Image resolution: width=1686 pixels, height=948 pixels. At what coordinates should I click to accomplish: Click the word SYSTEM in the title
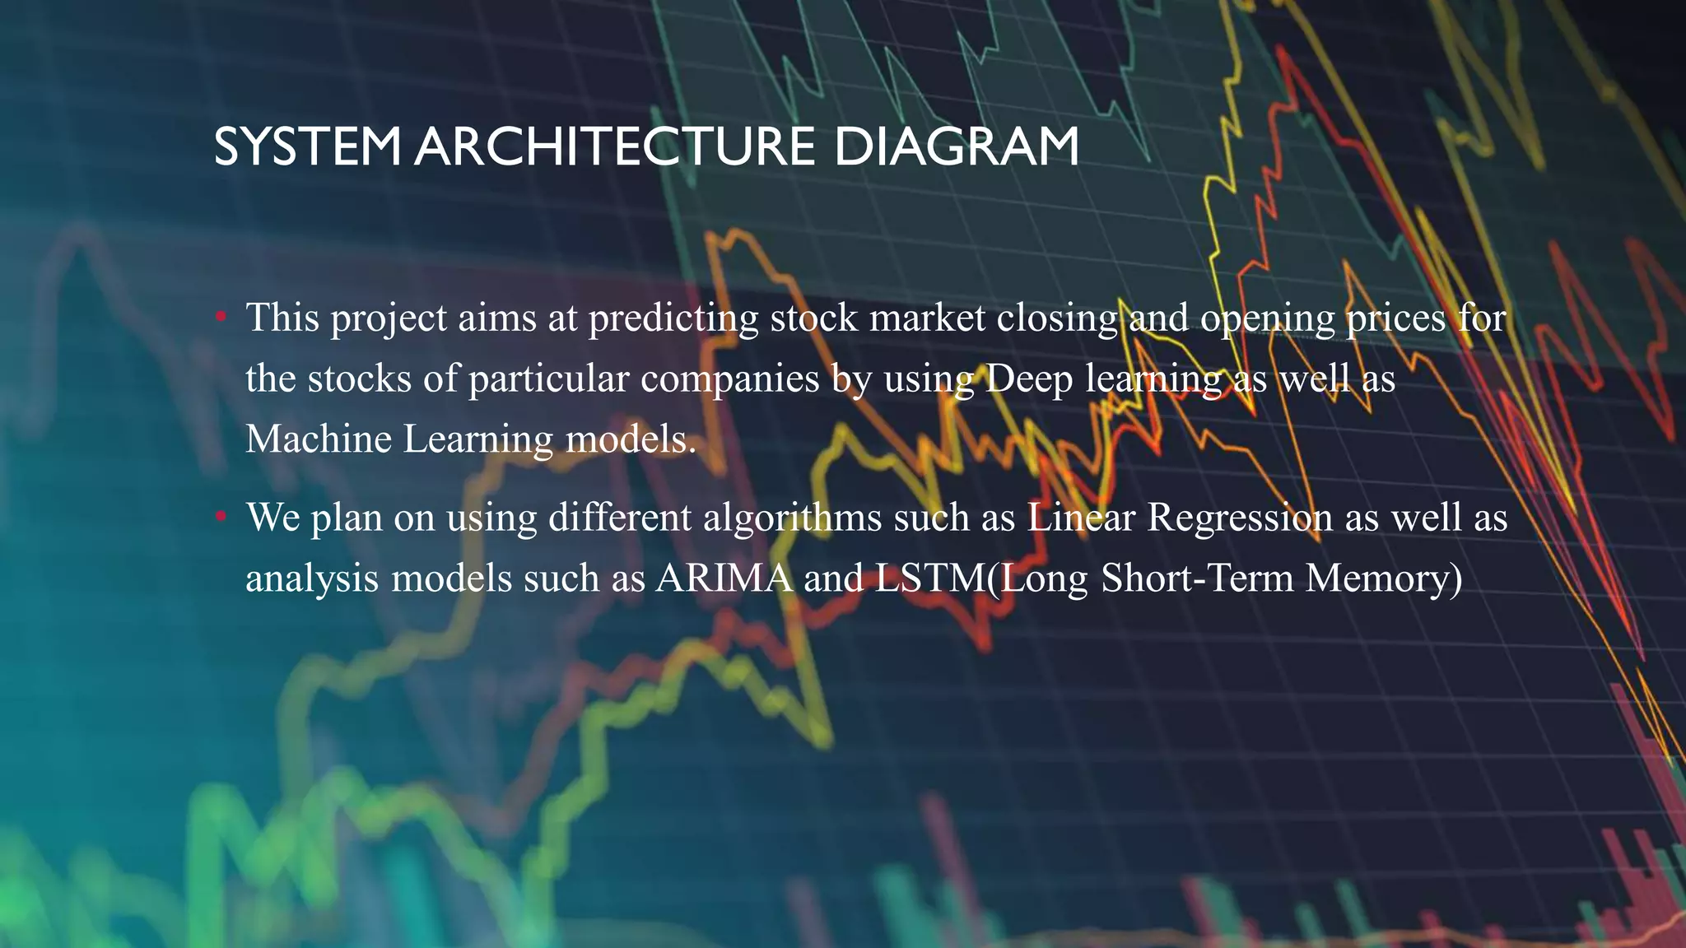coord(307,147)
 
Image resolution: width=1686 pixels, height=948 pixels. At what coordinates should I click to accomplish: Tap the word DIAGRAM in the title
coord(956,147)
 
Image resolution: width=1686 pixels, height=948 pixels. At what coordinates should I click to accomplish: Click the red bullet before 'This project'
coord(221,316)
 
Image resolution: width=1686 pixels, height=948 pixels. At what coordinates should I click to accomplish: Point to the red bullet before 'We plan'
coord(221,517)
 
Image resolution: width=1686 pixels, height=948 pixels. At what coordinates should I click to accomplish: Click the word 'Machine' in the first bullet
coord(319,439)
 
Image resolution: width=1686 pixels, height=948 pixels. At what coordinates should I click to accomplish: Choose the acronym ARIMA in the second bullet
coord(724,578)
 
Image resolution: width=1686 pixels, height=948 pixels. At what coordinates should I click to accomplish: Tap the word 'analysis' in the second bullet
coord(312,579)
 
